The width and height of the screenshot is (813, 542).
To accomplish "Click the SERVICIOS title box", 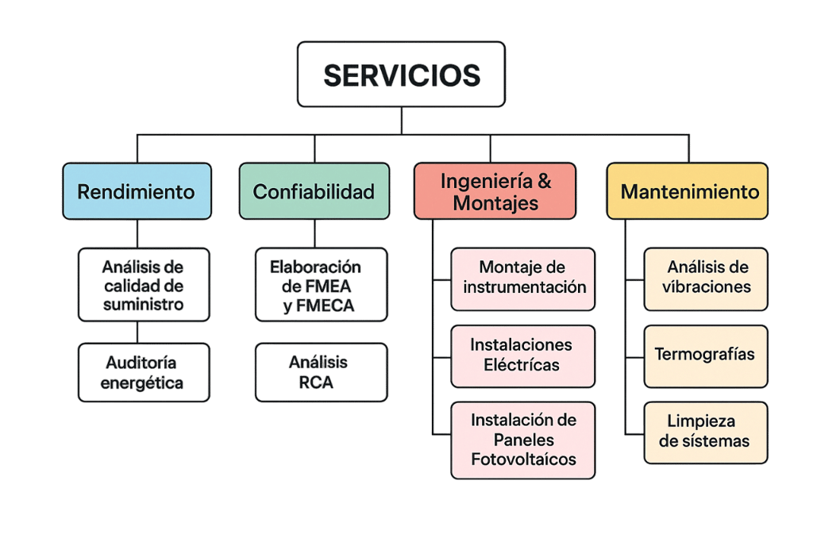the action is pos(401,74).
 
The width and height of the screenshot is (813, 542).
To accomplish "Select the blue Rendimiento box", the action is pos(137,191).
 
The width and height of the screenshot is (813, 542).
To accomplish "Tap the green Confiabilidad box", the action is pos(314,191).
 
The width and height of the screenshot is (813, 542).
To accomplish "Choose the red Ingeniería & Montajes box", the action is pos(495,191).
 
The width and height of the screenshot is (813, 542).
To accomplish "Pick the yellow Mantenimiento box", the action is pos(687,191).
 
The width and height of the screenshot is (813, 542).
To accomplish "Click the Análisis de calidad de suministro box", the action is pos(144,284).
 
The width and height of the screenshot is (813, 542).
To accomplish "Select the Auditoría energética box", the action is pos(144,372).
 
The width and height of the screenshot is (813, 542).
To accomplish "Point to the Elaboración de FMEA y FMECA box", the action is pos(321,284).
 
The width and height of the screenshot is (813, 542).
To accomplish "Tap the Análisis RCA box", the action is pos(321,372).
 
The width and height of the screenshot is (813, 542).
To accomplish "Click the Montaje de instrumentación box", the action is pos(522,279).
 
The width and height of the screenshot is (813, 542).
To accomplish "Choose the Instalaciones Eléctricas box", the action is pos(522,356).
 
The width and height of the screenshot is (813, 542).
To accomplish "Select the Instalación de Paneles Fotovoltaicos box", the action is pos(522,440).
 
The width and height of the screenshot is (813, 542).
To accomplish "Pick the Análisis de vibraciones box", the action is pos(706,279).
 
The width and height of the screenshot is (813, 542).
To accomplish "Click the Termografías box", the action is pos(706,356).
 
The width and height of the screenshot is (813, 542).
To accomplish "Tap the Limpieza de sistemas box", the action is pos(706,432).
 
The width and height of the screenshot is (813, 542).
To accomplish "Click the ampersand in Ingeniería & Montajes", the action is pos(545,181).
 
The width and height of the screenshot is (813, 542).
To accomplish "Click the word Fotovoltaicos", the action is pos(523,459).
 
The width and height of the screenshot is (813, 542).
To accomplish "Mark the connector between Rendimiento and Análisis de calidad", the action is pos(137,233).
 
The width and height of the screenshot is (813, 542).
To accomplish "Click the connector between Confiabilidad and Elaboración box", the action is pos(314,233).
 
